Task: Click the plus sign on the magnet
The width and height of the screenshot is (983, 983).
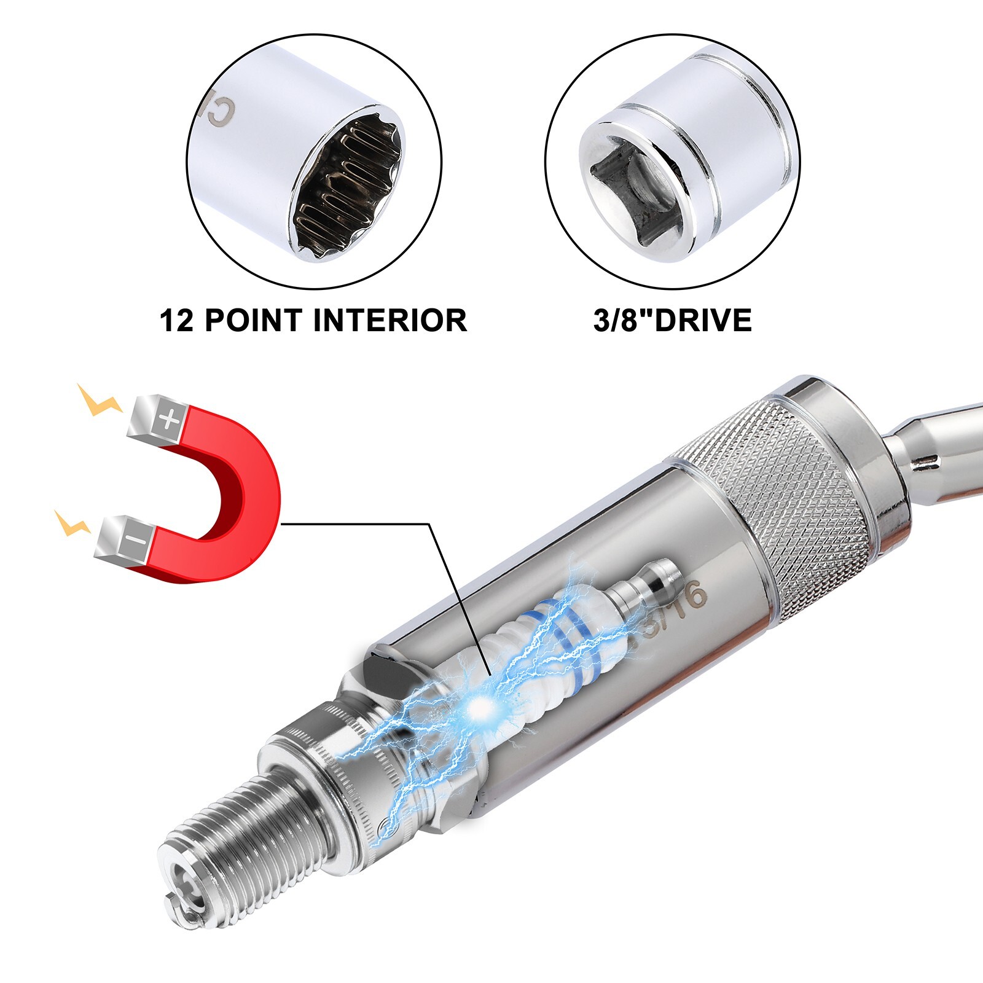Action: [x=169, y=420]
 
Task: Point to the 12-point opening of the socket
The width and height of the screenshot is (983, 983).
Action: [x=347, y=184]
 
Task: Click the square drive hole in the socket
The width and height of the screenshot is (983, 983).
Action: [x=636, y=190]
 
